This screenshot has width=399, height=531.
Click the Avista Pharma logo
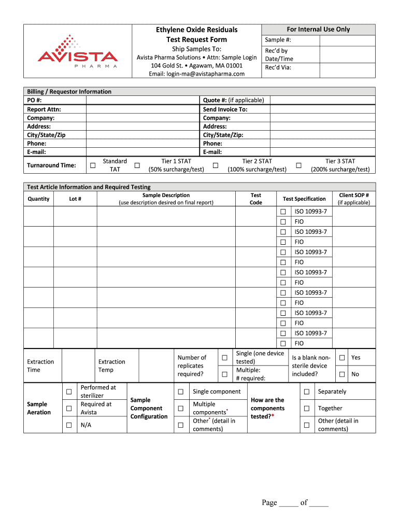click(x=77, y=52)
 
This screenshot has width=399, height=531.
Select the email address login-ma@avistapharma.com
click(x=196, y=74)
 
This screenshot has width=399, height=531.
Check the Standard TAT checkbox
click(x=92, y=165)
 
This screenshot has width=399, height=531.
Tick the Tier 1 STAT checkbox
click(x=137, y=165)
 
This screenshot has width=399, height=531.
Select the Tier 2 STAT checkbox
click(x=215, y=165)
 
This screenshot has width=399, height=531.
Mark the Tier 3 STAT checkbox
click(x=298, y=165)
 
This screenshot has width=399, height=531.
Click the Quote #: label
click(x=214, y=100)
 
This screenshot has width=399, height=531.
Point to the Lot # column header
click(x=75, y=199)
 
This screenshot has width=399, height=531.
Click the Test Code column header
click(x=256, y=199)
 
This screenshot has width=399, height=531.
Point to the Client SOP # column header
click(x=354, y=199)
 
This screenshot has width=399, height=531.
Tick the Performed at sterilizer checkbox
click(x=68, y=392)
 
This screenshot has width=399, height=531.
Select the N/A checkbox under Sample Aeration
click(x=68, y=425)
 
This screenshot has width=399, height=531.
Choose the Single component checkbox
click(x=180, y=392)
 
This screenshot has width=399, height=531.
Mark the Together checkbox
click(x=307, y=408)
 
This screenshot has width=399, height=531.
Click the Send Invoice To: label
click(x=225, y=109)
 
